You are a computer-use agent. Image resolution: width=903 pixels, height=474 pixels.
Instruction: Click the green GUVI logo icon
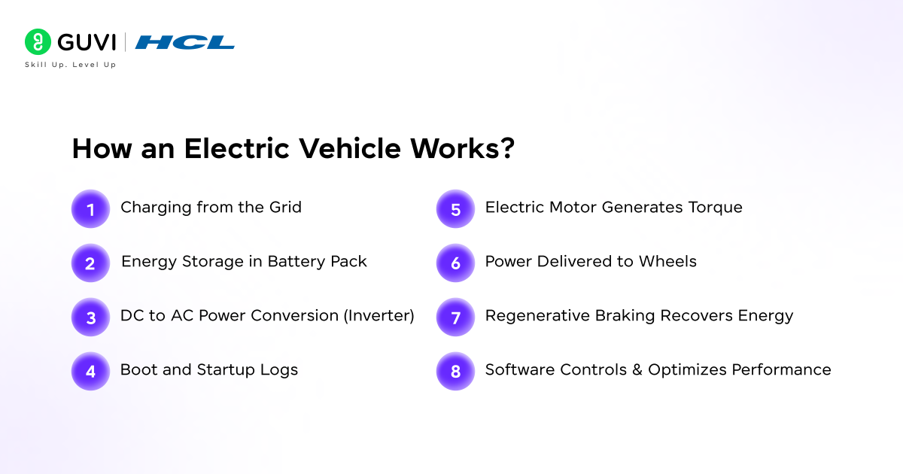[38, 41]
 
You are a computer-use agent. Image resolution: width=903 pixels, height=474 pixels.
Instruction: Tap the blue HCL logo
[184, 42]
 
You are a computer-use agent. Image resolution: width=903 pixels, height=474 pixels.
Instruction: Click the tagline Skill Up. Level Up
[70, 65]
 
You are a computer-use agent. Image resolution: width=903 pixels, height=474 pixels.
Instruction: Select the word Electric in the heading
[236, 148]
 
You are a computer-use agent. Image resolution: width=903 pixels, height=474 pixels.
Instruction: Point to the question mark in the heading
[506, 148]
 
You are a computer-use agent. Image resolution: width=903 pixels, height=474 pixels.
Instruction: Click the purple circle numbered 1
[91, 209]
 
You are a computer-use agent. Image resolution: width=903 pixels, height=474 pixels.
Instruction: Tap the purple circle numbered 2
[91, 263]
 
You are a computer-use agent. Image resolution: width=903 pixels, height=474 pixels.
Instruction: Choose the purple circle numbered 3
[91, 318]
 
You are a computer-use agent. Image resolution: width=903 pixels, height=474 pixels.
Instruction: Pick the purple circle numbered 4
[91, 371]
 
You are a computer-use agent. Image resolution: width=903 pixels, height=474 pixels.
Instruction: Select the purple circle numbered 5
[455, 209]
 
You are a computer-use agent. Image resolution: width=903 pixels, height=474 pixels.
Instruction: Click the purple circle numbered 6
[455, 263]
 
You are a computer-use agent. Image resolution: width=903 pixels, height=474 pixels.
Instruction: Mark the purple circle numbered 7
[455, 318]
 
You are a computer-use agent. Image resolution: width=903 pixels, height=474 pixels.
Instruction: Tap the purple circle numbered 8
[455, 371]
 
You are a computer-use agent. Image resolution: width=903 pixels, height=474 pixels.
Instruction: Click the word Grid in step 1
[285, 207]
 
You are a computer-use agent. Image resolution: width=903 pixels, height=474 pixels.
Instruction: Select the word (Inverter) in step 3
[379, 315]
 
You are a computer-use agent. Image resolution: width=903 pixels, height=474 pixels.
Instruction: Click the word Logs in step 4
[279, 370]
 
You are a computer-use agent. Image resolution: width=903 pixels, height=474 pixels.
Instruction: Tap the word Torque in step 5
[715, 208]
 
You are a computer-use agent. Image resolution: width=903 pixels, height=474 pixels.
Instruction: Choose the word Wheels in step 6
[667, 261]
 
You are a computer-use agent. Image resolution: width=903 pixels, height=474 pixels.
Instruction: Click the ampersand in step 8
[637, 369]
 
